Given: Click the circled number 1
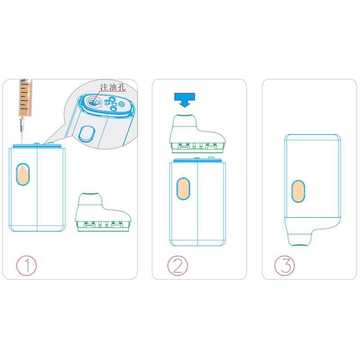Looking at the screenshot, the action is coord(27,265).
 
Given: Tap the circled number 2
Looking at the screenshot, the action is coord(177,265).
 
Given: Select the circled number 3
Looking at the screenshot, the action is coord(285,265).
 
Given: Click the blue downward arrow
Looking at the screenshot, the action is coord(184,99).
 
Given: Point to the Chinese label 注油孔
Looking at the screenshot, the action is coord(113,87).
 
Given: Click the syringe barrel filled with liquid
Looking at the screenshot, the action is coord(25,98).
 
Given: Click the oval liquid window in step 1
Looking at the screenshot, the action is coord(23,175).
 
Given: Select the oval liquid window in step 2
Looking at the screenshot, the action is coord(183,189).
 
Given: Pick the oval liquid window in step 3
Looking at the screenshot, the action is coord(298,191).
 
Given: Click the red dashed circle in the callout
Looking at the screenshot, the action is coord(94,102).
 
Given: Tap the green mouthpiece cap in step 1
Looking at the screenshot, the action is coord(103,212).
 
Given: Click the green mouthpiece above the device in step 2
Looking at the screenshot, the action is coord(198,134).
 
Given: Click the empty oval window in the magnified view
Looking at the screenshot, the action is coord(87,133).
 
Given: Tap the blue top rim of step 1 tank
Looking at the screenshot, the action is coord(37,146).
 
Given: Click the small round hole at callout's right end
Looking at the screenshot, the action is coord(121,104).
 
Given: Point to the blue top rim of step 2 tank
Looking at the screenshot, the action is coord(198,160).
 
